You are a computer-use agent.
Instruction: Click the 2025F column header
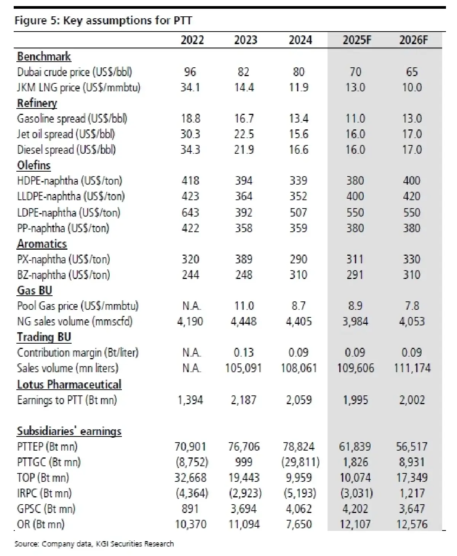(356, 40)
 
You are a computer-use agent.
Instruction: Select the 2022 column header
(192, 40)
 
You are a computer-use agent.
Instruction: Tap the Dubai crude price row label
(75, 72)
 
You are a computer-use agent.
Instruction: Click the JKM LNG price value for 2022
(190, 88)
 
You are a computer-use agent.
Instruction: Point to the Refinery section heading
(37, 103)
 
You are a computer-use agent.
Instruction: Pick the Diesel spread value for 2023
(244, 150)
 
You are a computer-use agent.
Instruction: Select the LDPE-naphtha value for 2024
(298, 212)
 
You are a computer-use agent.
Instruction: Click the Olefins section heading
(34, 165)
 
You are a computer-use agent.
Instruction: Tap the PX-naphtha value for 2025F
(355, 259)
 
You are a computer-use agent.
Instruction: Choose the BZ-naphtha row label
(64, 275)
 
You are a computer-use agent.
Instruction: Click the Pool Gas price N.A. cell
(191, 306)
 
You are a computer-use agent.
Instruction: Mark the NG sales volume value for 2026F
(412, 322)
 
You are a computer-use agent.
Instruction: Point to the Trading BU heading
(44, 337)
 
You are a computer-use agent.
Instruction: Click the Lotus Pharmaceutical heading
(69, 384)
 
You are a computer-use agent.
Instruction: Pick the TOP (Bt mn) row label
(43, 478)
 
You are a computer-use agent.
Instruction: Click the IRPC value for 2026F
(412, 493)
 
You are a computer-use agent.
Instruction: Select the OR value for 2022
(190, 524)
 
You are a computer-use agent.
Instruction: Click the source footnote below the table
(94, 544)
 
